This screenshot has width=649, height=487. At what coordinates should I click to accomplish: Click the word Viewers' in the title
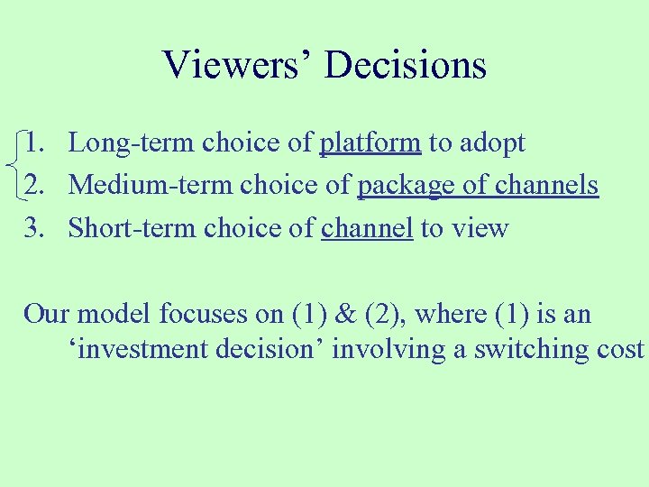point(238,65)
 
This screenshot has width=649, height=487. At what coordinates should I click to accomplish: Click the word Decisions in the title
point(406,65)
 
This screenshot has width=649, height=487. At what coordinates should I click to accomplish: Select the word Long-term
point(133,142)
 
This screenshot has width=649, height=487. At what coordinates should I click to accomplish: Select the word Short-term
point(133,228)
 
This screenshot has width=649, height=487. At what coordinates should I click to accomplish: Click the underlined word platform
point(370,143)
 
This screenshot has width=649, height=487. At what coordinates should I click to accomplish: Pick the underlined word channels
point(545,185)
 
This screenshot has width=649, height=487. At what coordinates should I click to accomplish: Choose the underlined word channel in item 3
point(367,228)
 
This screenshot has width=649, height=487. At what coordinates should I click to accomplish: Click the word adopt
point(493,143)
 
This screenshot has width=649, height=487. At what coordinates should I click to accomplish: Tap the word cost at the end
point(619,349)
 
